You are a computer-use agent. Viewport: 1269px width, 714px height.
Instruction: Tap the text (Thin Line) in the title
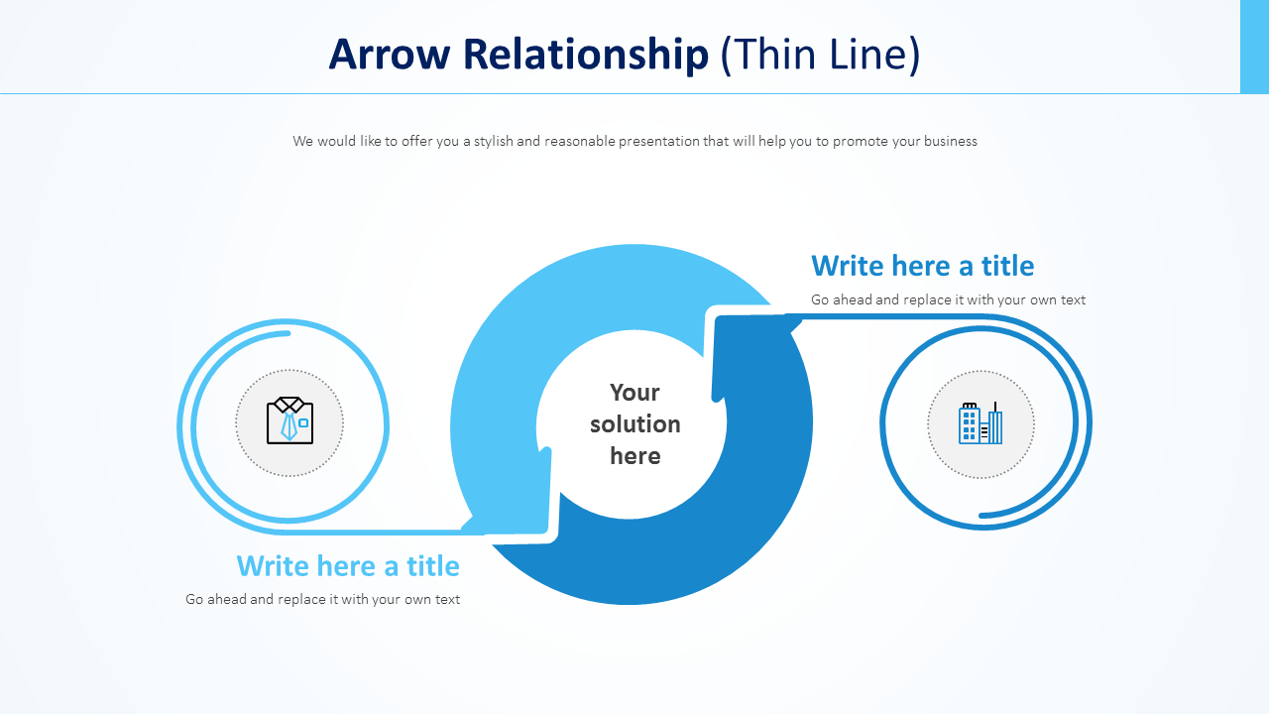(820, 55)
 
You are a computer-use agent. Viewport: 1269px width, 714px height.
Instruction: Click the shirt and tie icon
(289, 421)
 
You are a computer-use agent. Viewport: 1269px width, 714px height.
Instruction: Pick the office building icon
(981, 423)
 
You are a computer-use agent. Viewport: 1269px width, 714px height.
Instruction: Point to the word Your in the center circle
(634, 392)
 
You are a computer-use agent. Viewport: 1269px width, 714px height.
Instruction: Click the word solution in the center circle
(634, 424)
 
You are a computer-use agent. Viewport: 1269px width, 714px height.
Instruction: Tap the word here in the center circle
(634, 456)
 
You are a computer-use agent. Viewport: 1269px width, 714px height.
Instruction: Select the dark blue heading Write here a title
(922, 266)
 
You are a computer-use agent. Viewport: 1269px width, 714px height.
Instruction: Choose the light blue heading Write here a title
(348, 566)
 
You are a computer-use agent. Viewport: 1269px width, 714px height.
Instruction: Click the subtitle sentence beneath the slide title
(634, 141)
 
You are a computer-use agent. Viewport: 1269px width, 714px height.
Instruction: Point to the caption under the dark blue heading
(948, 299)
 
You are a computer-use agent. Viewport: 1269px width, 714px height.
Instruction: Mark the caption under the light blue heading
(322, 599)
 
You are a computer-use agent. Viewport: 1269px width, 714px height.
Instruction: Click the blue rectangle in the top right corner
(1254, 47)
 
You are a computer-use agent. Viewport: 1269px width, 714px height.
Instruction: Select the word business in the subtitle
(951, 141)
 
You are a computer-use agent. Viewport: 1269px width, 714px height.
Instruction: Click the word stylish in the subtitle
(493, 141)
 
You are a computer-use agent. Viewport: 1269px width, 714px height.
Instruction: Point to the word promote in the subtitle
(860, 141)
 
